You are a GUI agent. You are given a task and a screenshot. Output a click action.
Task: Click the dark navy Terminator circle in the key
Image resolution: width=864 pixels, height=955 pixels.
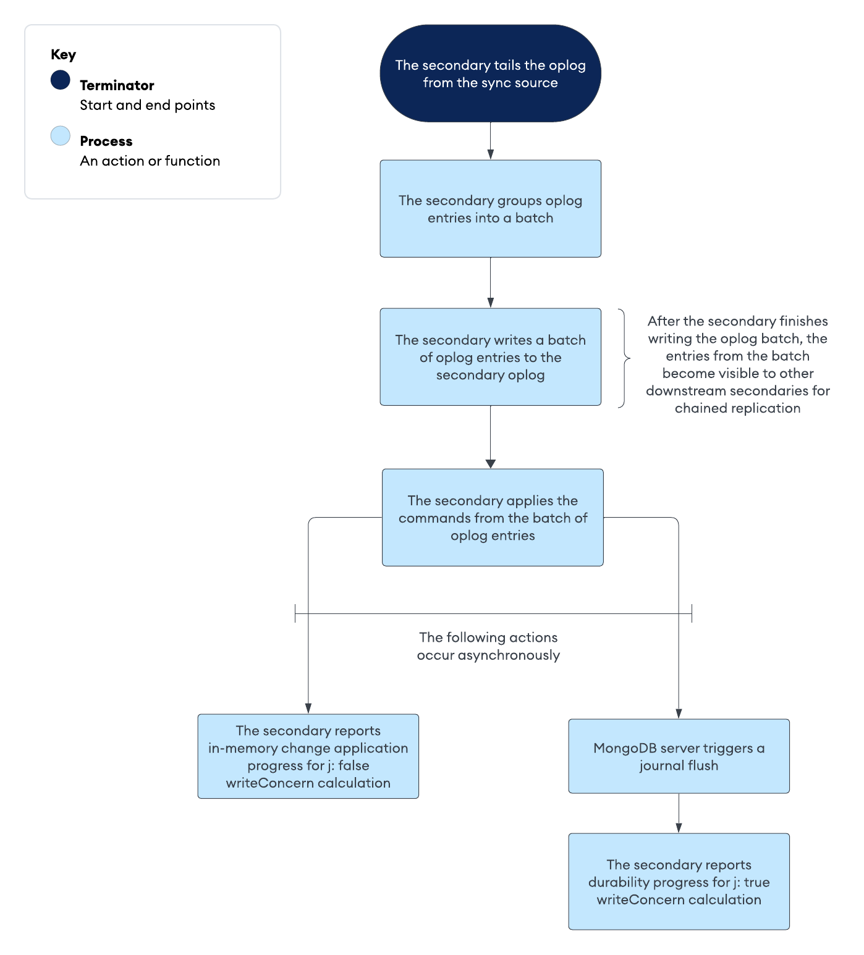coord(61,80)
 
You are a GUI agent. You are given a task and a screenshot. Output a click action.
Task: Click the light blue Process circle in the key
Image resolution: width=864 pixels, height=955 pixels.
coord(61,136)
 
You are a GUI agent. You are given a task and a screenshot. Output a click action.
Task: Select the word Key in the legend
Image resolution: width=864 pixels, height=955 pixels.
coord(63,54)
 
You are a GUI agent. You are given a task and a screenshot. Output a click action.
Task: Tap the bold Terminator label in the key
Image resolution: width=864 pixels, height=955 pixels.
coord(117,85)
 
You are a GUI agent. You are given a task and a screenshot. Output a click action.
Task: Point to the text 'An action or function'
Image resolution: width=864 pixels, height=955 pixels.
coord(150,161)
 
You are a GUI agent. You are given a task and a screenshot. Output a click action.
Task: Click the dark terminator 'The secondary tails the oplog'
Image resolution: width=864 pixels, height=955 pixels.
coord(490,74)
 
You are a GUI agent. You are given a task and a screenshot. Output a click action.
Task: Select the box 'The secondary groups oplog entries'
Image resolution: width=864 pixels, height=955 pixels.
coord(490,209)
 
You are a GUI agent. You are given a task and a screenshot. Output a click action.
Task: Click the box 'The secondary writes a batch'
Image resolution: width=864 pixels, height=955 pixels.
coord(490,357)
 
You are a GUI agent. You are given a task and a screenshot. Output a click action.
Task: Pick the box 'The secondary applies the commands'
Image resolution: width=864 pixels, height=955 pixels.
coord(492,518)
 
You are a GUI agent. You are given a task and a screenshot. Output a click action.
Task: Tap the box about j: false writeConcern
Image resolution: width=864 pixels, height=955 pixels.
coord(308,756)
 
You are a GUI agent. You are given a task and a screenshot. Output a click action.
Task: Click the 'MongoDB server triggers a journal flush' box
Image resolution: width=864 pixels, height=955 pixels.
coord(679,756)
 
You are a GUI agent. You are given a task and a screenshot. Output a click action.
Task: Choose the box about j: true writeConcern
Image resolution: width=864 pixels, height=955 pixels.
coord(679,881)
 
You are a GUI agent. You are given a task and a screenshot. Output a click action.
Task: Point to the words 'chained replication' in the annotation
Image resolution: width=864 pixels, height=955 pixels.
coord(737,408)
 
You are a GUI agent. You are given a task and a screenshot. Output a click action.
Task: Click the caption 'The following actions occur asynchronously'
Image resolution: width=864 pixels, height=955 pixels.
coord(488,646)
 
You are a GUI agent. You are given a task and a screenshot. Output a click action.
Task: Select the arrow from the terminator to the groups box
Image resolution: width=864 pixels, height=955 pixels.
coord(490,141)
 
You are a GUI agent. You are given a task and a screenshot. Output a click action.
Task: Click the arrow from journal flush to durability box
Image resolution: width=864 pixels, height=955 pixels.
coord(679,813)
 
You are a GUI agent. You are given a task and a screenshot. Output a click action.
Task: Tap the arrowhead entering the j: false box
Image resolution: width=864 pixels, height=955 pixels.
coord(308,709)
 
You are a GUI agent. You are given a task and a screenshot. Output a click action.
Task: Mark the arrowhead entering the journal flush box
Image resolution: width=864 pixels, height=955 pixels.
coord(679,713)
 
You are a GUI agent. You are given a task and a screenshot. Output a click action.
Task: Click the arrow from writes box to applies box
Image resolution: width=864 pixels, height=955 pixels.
coord(490,435)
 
